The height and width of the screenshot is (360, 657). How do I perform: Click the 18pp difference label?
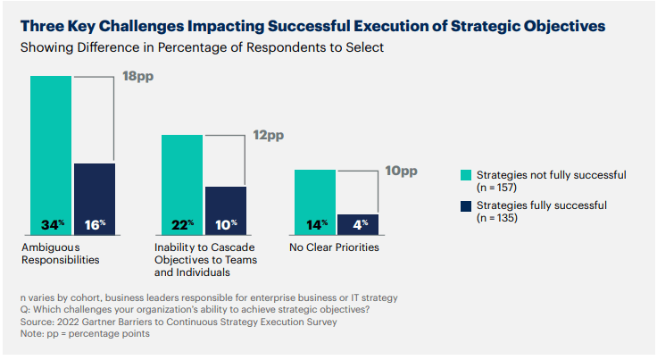pos(137,78)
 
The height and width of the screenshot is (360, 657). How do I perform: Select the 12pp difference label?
pos(269,135)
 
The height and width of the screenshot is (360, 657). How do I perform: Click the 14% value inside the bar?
pos(315,223)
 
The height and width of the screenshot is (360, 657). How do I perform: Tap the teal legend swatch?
pos(465,174)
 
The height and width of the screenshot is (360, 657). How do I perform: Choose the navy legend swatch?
pos(465,205)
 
